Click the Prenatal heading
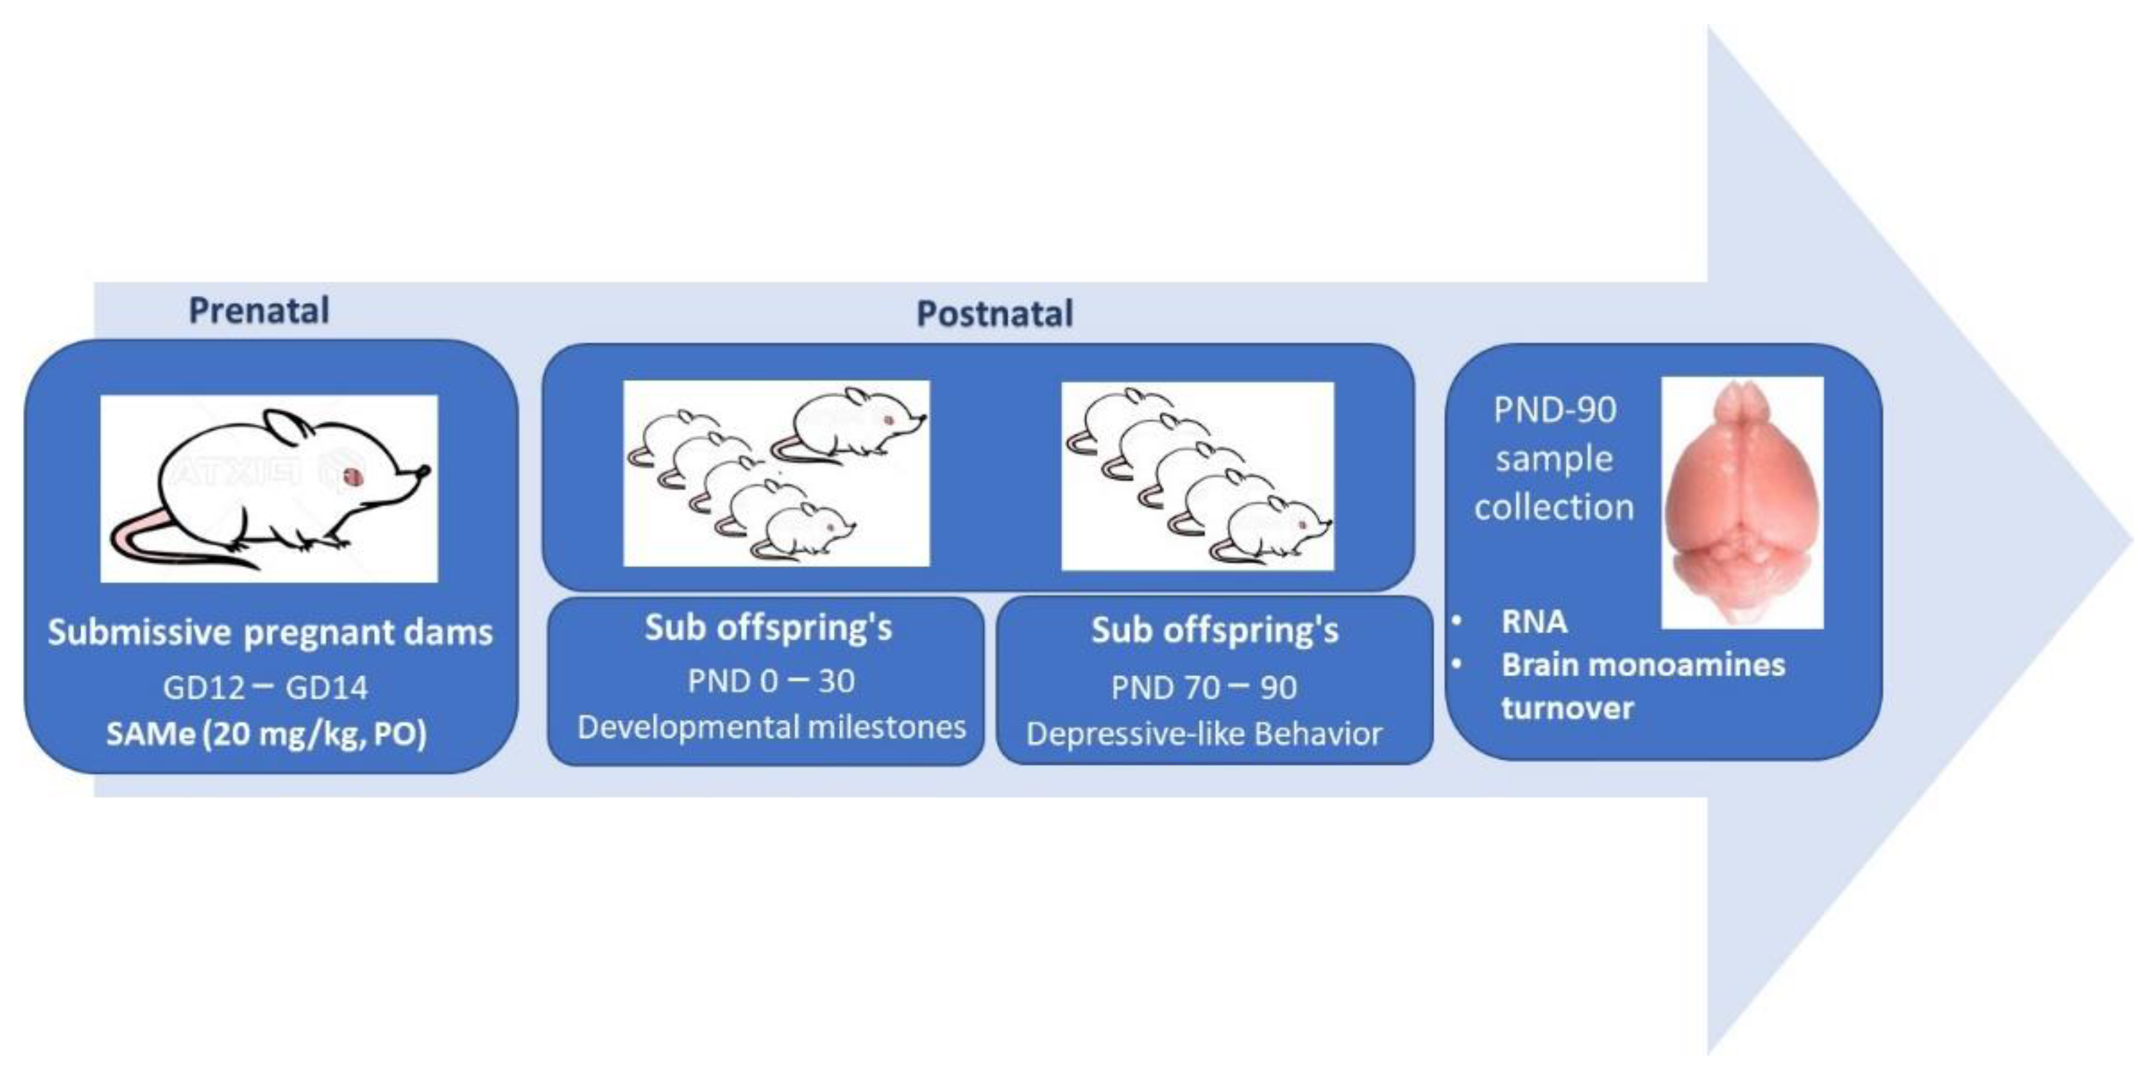point(259,310)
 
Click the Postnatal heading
point(994,314)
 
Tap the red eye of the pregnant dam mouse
point(352,476)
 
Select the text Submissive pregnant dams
point(270,632)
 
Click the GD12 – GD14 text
point(265,687)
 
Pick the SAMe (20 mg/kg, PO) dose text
point(266,734)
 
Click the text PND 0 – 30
point(770,681)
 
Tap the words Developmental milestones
point(771,727)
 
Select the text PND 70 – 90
point(1204,687)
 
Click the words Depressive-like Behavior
point(1204,734)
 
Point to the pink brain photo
point(1741,502)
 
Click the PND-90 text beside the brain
point(1555,410)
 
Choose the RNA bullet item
point(1534,622)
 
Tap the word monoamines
point(1702,665)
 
